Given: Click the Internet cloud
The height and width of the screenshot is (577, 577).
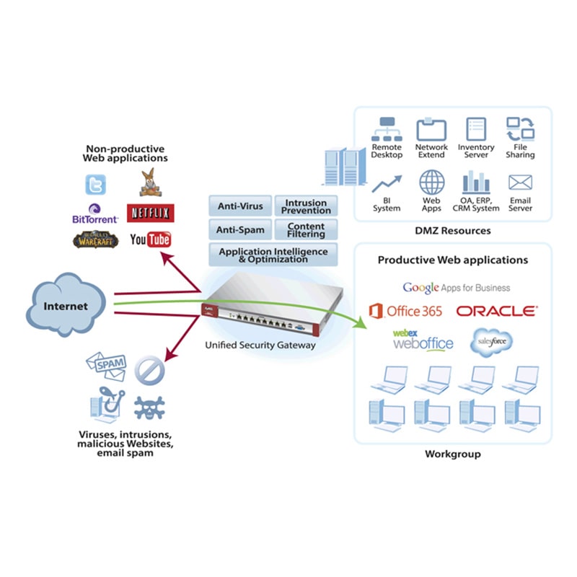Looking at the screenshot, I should pyautogui.click(x=66, y=306).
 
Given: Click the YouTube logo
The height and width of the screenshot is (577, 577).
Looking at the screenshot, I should pyautogui.click(x=150, y=239).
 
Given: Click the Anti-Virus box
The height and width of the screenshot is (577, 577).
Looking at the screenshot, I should pyautogui.click(x=240, y=206).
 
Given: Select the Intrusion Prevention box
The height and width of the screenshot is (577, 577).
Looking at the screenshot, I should pyautogui.click(x=306, y=206).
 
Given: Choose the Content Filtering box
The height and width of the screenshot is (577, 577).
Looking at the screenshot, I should pyautogui.click(x=306, y=230).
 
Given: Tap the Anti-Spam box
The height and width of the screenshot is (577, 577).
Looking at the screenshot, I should pyautogui.click(x=240, y=230).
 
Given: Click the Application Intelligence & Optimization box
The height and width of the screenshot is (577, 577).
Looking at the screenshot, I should pyautogui.click(x=273, y=255).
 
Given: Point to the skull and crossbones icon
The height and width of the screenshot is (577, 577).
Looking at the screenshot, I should pyautogui.click(x=149, y=408).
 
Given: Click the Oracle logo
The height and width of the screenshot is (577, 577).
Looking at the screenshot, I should pyautogui.click(x=497, y=311).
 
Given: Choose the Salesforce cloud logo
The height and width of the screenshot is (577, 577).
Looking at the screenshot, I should pyautogui.click(x=491, y=343).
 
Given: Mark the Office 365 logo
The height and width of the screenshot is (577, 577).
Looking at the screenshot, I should pyautogui.click(x=405, y=311).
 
